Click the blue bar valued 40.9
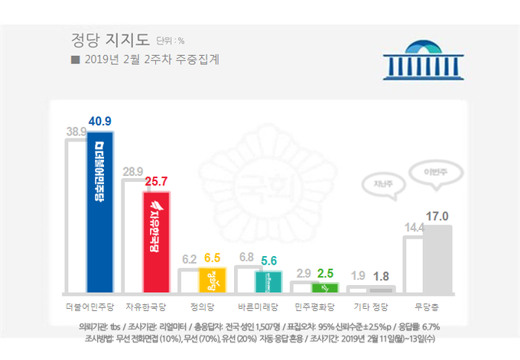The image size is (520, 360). [100, 212]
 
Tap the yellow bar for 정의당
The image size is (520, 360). [213, 280]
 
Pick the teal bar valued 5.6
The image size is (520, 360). [269, 281]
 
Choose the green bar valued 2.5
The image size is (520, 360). [325, 287]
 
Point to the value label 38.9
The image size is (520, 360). [76, 131]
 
